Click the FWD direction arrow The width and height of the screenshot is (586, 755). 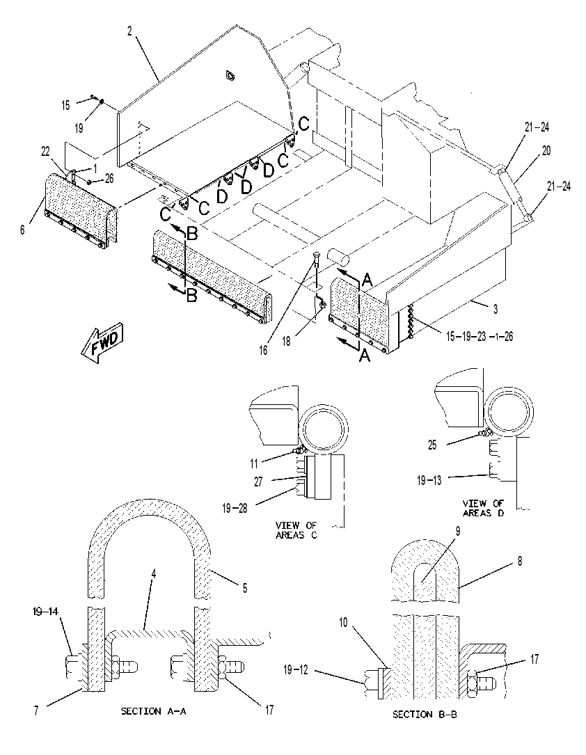[x=102, y=342]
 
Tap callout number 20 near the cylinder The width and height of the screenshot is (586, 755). [x=546, y=151]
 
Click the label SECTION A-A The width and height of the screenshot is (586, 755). [x=153, y=710]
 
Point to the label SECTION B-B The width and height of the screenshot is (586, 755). [x=425, y=714]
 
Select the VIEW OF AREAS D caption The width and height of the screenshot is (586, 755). [x=484, y=508]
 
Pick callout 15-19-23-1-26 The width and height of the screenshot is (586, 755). [x=479, y=336]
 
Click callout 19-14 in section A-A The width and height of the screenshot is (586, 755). [x=46, y=612]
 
